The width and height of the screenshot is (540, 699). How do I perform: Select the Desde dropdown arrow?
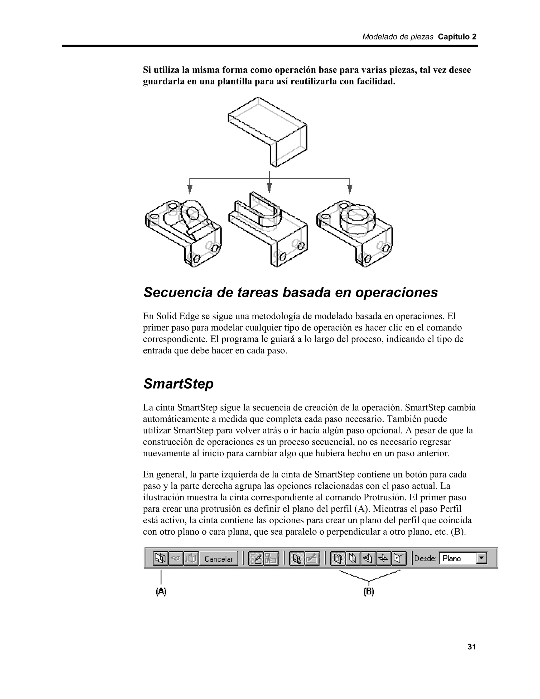[481, 558]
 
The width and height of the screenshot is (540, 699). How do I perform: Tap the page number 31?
[471, 647]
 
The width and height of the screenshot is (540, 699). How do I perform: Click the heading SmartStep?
[178, 384]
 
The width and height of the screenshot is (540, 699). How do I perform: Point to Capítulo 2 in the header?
[457, 37]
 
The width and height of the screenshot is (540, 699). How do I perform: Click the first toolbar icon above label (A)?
[160, 558]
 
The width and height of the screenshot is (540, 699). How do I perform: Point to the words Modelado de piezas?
[398, 37]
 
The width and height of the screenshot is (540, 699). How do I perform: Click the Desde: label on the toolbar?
[425, 558]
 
